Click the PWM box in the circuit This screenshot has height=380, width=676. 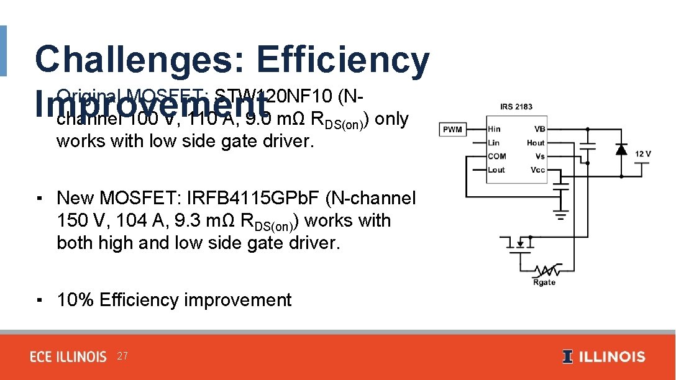[452, 130]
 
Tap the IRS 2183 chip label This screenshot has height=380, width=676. [516, 107]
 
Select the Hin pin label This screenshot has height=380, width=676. [494, 129]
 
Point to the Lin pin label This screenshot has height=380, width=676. [493, 143]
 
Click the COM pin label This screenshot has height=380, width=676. [496, 156]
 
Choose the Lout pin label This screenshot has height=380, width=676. [496, 170]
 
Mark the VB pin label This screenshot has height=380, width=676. [539, 129]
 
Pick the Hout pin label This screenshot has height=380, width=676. [536, 143]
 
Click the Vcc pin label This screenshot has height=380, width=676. [537, 170]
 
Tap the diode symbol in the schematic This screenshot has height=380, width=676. [620, 149]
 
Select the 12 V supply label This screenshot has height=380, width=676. [642, 153]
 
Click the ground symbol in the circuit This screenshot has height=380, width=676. [561, 217]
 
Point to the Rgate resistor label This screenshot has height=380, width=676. [544, 283]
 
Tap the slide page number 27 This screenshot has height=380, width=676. [122, 356]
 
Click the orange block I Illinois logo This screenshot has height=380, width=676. [567, 357]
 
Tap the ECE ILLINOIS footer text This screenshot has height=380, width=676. [68, 357]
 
